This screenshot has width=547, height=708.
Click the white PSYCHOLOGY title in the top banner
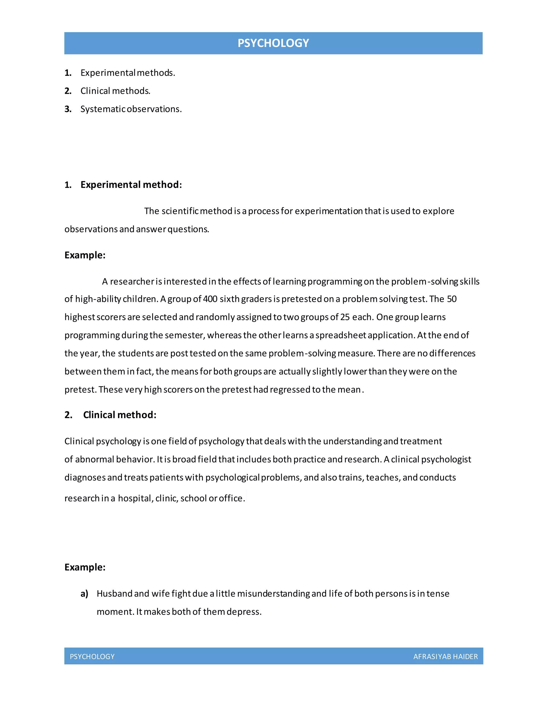pyautogui.click(x=273, y=43)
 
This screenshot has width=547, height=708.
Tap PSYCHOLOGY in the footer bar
pyautogui.click(x=92, y=656)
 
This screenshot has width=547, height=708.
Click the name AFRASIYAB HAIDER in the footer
pyautogui.click(x=445, y=656)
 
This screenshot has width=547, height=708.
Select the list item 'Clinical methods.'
pyautogui.click(x=115, y=91)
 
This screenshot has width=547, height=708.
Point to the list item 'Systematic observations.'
pyautogui.click(x=131, y=109)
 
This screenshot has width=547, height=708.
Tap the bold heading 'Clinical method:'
pyautogui.click(x=120, y=415)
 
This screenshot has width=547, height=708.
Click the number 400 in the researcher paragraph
pyautogui.click(x=210, y=299)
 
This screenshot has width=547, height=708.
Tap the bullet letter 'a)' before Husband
pyautogui.click(x=84, y=594)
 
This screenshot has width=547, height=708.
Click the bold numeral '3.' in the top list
pyautogui.click(x=68, y=109)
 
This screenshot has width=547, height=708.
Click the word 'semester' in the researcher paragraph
pyautogui.click(x=184, y=335)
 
